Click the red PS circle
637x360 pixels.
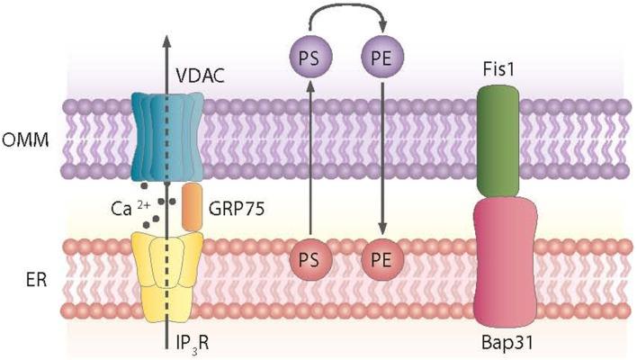[x=308, y=262]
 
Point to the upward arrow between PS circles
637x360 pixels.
[x=308, y=162]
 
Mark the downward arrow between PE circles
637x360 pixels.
[x=381, y=162]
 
